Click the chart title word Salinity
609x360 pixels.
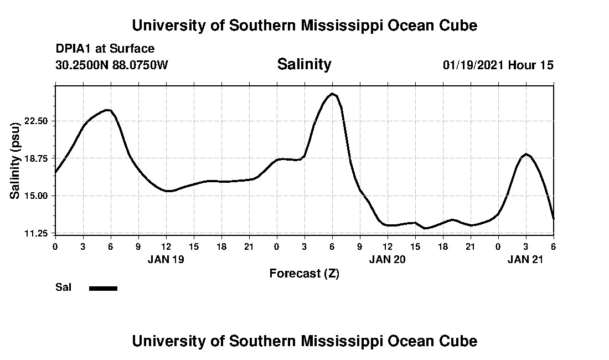[x=304, y=64]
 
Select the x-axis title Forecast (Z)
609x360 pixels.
[x=304, y=273]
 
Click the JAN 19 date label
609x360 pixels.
[x=166, y=259]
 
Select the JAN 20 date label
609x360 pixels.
[x=388, y=259]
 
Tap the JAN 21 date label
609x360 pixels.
[x=526, y=259]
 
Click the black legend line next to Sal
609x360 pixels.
[x=104, y=288]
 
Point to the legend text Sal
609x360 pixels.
[x=63, y=287]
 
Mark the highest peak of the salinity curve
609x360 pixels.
[x=332, y=94]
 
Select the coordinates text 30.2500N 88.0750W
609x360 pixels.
[x=112, y=65]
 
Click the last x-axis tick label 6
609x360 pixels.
[x=553, y=245]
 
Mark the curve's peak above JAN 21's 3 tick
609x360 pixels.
[x=526, y=154]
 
